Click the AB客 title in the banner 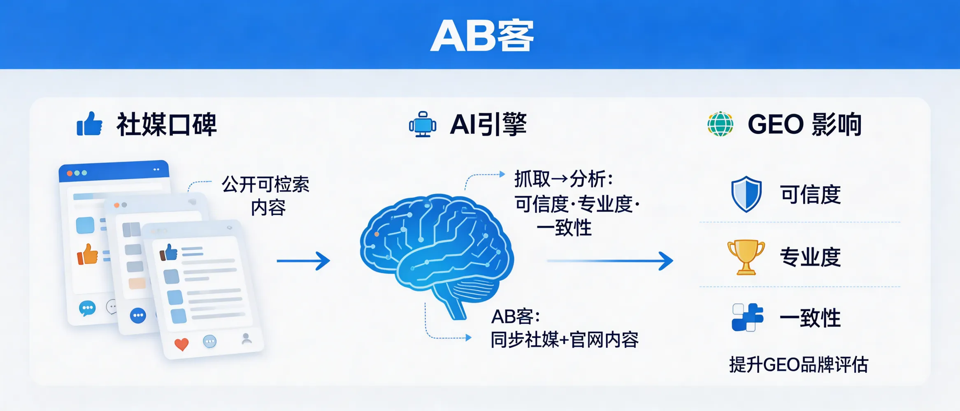coord(481,36)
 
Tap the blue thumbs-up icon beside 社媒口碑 coord(89,124)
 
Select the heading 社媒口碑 coord(167,124)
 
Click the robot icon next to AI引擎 coord(423,125)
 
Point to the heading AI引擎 coord(488,124)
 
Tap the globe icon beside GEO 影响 coord(720,124)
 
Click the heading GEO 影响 coord(804,124)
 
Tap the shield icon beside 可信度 coord(746,194)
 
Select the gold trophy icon coord(746,257)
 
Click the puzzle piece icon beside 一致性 coord(747,317)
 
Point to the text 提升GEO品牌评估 coord(798,365)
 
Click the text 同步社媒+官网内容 coord(565,340)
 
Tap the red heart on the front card coord(181,344)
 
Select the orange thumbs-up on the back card coord(88,255)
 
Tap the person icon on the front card coord(246,339)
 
